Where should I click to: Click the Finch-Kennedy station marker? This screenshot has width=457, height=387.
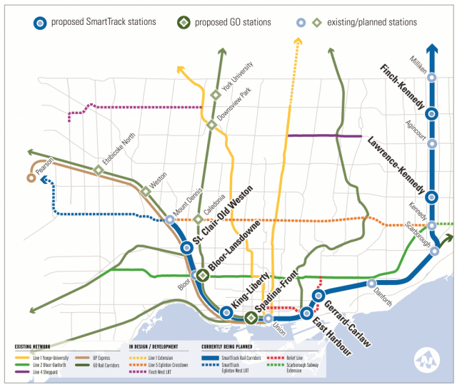pyautogui.click(x=431, y=113)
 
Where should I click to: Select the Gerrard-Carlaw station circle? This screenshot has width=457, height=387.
pyautogui.click(x=319, y=294)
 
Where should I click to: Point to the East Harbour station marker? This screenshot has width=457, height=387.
pyautogui.click(x=306, y=312)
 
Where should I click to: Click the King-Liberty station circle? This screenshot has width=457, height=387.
pyautogui.click(x=226, y=311)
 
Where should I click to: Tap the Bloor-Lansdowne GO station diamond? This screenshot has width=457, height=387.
pyautogui.click(x=202, y=275)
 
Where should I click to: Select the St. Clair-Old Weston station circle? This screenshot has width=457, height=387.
pyautogui.click(x=186, y=247)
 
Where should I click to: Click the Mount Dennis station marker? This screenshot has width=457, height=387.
pyautogui.click(x=169, y=220)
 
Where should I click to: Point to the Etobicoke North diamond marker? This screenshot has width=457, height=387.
pyautogui.click(x=99, y=170)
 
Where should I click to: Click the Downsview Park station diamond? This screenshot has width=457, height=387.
pyautogui.click(x=211, y=125)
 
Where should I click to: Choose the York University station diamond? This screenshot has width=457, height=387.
pyautogui.click(x=216, y=95)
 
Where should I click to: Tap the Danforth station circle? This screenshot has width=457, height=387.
pyautogui.click(x=371, y=284)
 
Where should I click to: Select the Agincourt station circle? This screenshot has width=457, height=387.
pyautogui.click(x=431, y=143)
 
